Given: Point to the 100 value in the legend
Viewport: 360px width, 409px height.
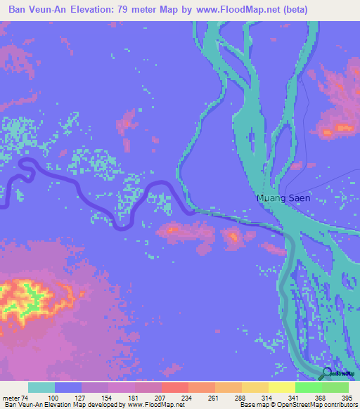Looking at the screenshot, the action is (x=53, y=398).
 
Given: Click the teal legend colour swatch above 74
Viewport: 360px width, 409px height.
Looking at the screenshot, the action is (x=41, y=387).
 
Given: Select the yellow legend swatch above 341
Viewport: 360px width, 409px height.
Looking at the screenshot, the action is (x=281, y=387).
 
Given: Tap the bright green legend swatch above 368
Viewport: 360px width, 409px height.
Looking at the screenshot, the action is (x=308, y=387).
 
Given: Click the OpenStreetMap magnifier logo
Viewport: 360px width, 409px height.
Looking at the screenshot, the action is (x=326, y=375).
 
